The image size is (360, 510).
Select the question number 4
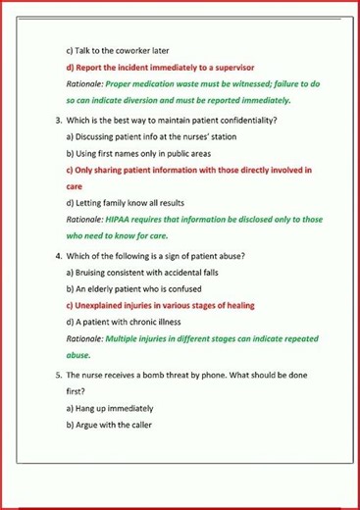tap(58, 255)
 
